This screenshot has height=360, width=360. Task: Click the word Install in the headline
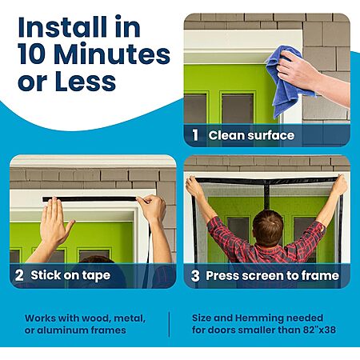pos(62,27)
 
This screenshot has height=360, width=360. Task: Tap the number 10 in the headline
pos(33,54)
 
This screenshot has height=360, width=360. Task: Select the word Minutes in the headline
pos(112,54)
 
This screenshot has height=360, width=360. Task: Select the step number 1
pos(196,135)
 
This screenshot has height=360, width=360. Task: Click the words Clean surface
pos(251,135)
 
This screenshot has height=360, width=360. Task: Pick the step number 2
pos(19,275)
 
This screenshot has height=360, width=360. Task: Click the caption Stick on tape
pos(70,275)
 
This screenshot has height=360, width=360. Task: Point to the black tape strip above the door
pos(90,199)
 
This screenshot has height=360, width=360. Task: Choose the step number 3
pos(195,275)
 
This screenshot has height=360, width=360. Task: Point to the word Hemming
pos(259,318)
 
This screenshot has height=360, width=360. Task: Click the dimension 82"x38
pos(319,330)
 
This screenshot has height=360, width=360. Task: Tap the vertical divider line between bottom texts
pos(169,324)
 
